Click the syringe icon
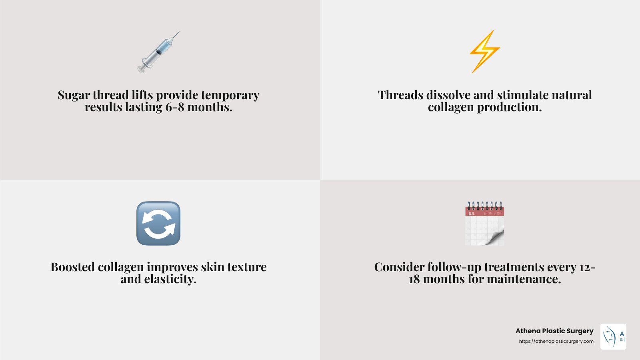point(158,52)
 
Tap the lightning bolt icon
point(484,52)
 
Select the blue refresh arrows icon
point(158,223)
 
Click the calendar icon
point(484,224)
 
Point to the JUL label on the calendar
point(472,214)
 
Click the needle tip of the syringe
point(178,33)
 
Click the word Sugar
point(74,95)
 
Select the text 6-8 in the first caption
point(175,107)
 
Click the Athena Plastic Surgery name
point(554,331)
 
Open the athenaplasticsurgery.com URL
point(556,341)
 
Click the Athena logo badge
point(613,336)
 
